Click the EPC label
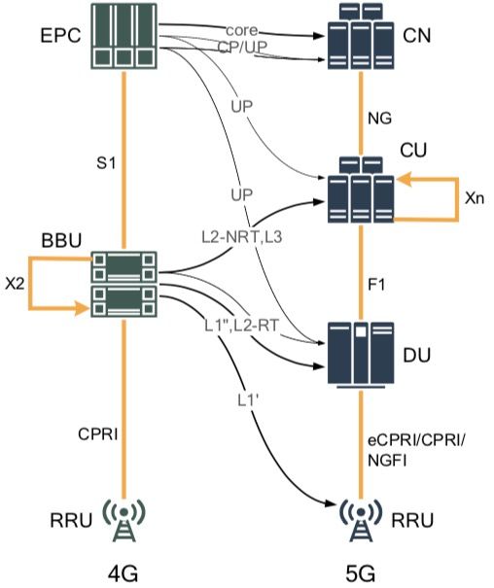tap(60, 36)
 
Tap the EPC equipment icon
tap(124, 36)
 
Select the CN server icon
tap(361, 36)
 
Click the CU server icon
tap(361, 190)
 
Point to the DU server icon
tap(361, 355)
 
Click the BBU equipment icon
tap(124, 284)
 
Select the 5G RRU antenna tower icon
tap(361, 521)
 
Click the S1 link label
tap(106, 163)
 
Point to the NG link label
tap(379, 119)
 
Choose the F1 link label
tap(376, 285)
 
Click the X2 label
tap(15, 284)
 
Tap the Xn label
tap(475, 198)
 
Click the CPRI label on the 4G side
tap(97, 434)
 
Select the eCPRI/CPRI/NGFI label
tap(416, 450)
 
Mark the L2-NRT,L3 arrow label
tap(241, 237)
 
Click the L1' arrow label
tap(248, 400)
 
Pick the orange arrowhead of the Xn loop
tap(405, 180)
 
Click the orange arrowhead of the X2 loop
tap(83, 309)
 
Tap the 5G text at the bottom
tap(361, 573)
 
